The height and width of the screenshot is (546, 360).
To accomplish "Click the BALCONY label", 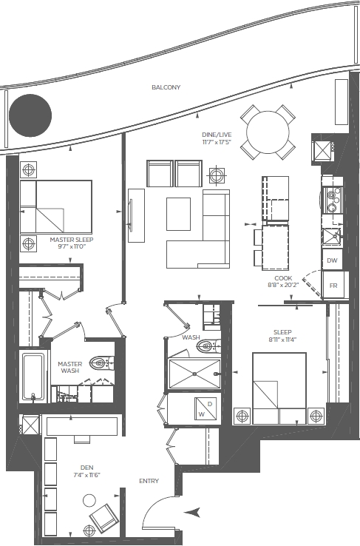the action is click(x=166, y=87).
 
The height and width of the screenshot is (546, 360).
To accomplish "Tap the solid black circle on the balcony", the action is click(x=30, y=115).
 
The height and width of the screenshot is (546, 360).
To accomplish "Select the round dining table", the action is click(x=268, y=132).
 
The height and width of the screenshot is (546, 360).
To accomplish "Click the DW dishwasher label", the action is click(x=332, y=260).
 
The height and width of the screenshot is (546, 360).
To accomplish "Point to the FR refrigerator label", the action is click(x=333, y=286).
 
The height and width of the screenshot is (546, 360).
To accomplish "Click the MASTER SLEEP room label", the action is click(x=71, y=240).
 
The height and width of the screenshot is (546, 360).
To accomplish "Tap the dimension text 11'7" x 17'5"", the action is click(x=217, y=142).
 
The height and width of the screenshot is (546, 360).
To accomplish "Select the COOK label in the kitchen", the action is click(x=283, y=278).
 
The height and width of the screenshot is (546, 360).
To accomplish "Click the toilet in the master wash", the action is click(x=101, y=363).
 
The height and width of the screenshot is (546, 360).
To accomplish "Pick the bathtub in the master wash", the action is click(x=33, y=377).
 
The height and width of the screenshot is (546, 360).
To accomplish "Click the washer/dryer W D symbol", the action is click(x=206, y=409).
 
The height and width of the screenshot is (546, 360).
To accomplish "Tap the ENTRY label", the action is click(x=149, y=481).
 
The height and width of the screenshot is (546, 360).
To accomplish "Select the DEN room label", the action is click(x=86, y=468).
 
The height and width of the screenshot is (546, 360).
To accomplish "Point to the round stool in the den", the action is click(x=89, y=501).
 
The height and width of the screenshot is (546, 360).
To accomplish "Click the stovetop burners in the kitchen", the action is click(x=333, y=200).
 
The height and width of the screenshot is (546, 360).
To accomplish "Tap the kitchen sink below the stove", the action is click(x=331, y=237).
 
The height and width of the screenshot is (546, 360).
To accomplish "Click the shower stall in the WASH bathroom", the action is click(x=194, y=374).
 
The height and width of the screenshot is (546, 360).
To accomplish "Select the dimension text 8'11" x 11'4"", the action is click(x=282, y=340).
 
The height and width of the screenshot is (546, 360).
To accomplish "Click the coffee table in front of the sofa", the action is click(x=178, y=214).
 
